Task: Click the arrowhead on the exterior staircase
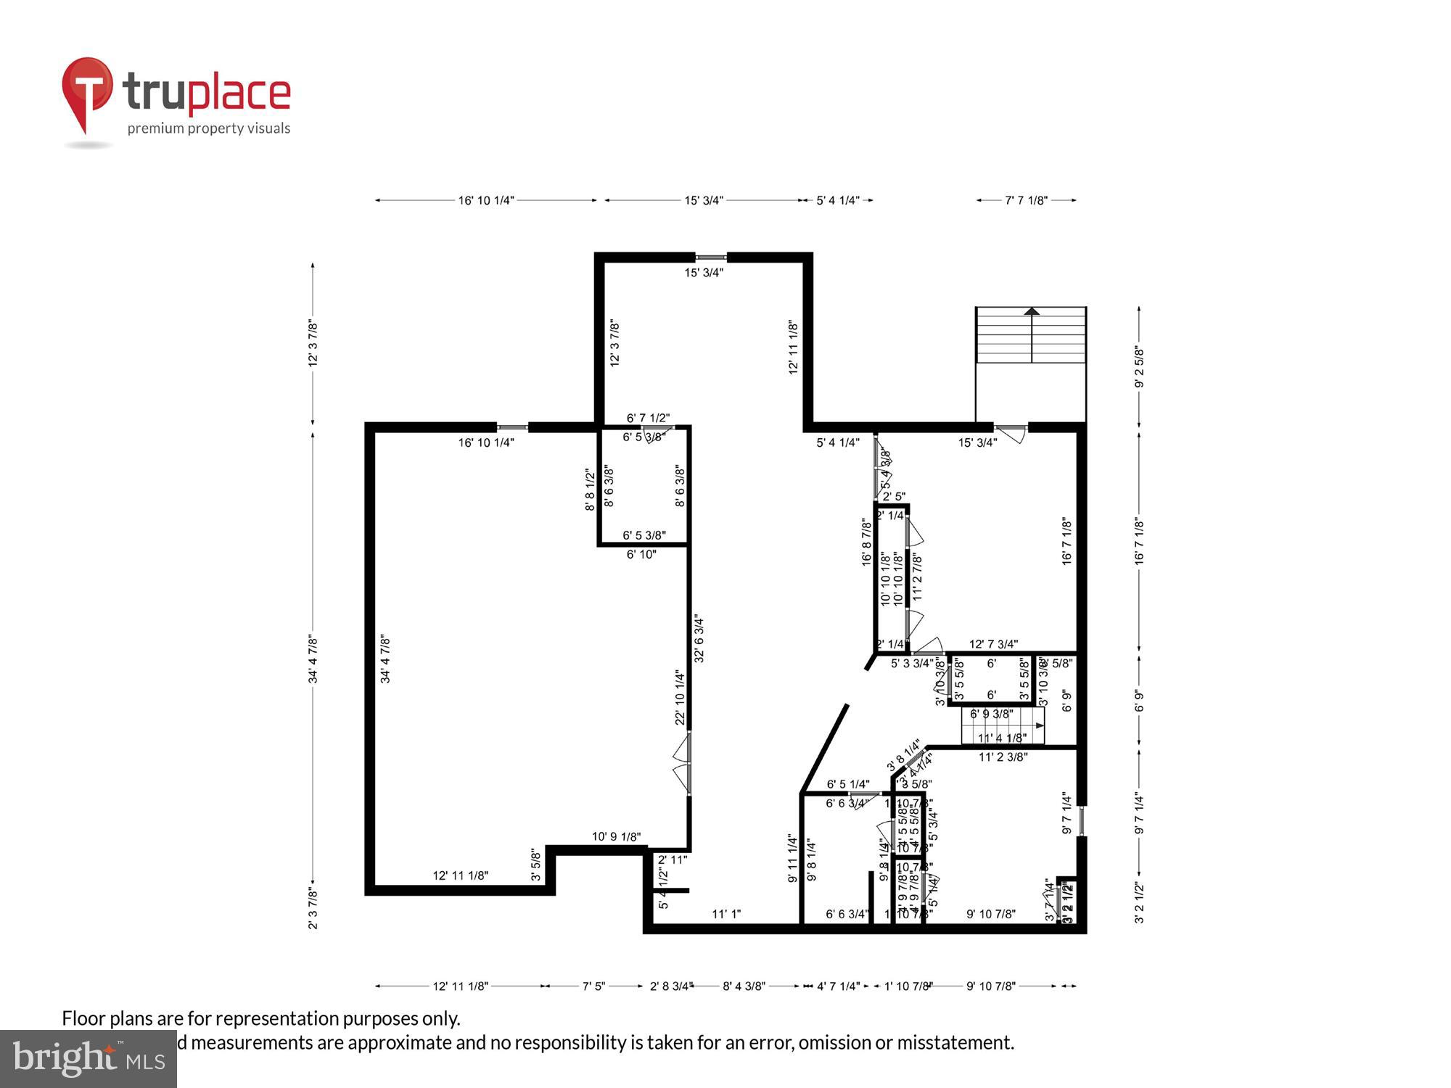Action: [1031, 311]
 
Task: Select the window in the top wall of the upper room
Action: [711, 257]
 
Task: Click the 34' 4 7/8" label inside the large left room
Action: [385, 659]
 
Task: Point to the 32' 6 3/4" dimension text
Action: [699, 639]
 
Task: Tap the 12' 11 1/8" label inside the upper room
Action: [794, 347]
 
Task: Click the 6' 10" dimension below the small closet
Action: [641, 554]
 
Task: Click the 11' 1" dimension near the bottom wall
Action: [725, 914]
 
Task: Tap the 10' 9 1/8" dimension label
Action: [616, 836]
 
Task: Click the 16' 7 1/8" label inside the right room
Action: [1066, 541]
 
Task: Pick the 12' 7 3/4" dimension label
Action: [993, 643]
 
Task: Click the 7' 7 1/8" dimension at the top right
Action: [1026, 200]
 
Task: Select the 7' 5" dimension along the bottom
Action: [593, 986]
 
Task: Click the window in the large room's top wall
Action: [512, 427]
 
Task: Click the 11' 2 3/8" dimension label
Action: [1003, 757]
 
